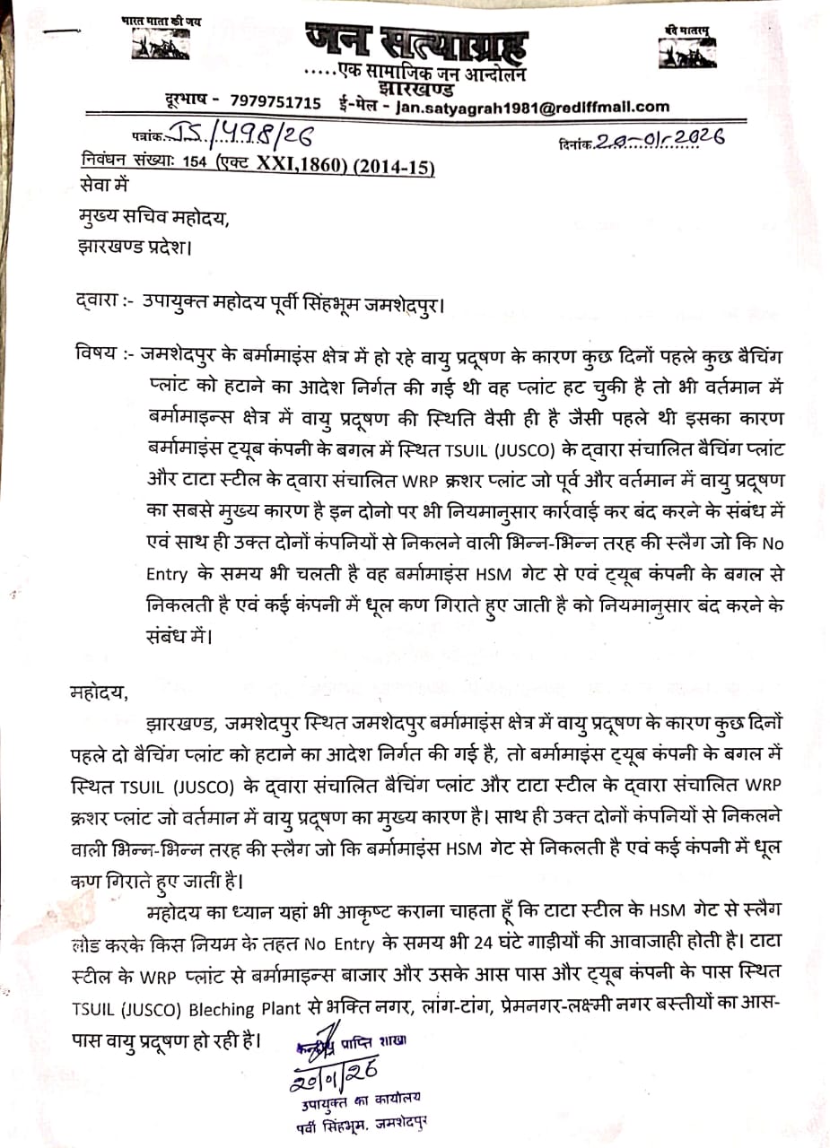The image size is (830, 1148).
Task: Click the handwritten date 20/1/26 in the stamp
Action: (333, 1071)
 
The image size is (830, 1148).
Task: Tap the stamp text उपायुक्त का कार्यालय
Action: (361, 1097)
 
